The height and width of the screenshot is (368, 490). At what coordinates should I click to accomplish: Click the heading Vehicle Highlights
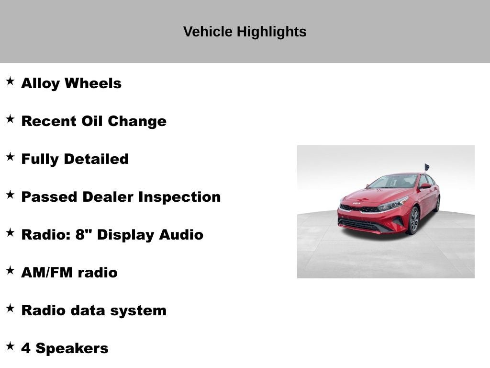point(245,32)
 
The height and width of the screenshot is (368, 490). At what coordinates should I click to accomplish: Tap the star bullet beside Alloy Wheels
point(10,81)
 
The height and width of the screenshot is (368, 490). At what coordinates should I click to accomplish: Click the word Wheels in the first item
point(93,83)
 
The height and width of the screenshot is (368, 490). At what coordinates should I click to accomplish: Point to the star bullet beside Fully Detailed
point(10,157)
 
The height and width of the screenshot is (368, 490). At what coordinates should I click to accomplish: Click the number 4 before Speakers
point(26,348)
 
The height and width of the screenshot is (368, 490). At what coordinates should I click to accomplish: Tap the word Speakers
point(72,348)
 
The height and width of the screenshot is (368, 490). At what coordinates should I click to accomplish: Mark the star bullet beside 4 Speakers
point(10,346)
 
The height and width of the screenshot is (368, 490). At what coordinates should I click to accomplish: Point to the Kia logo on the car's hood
point(356,203)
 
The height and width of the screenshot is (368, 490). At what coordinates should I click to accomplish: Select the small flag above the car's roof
point(426,167)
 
